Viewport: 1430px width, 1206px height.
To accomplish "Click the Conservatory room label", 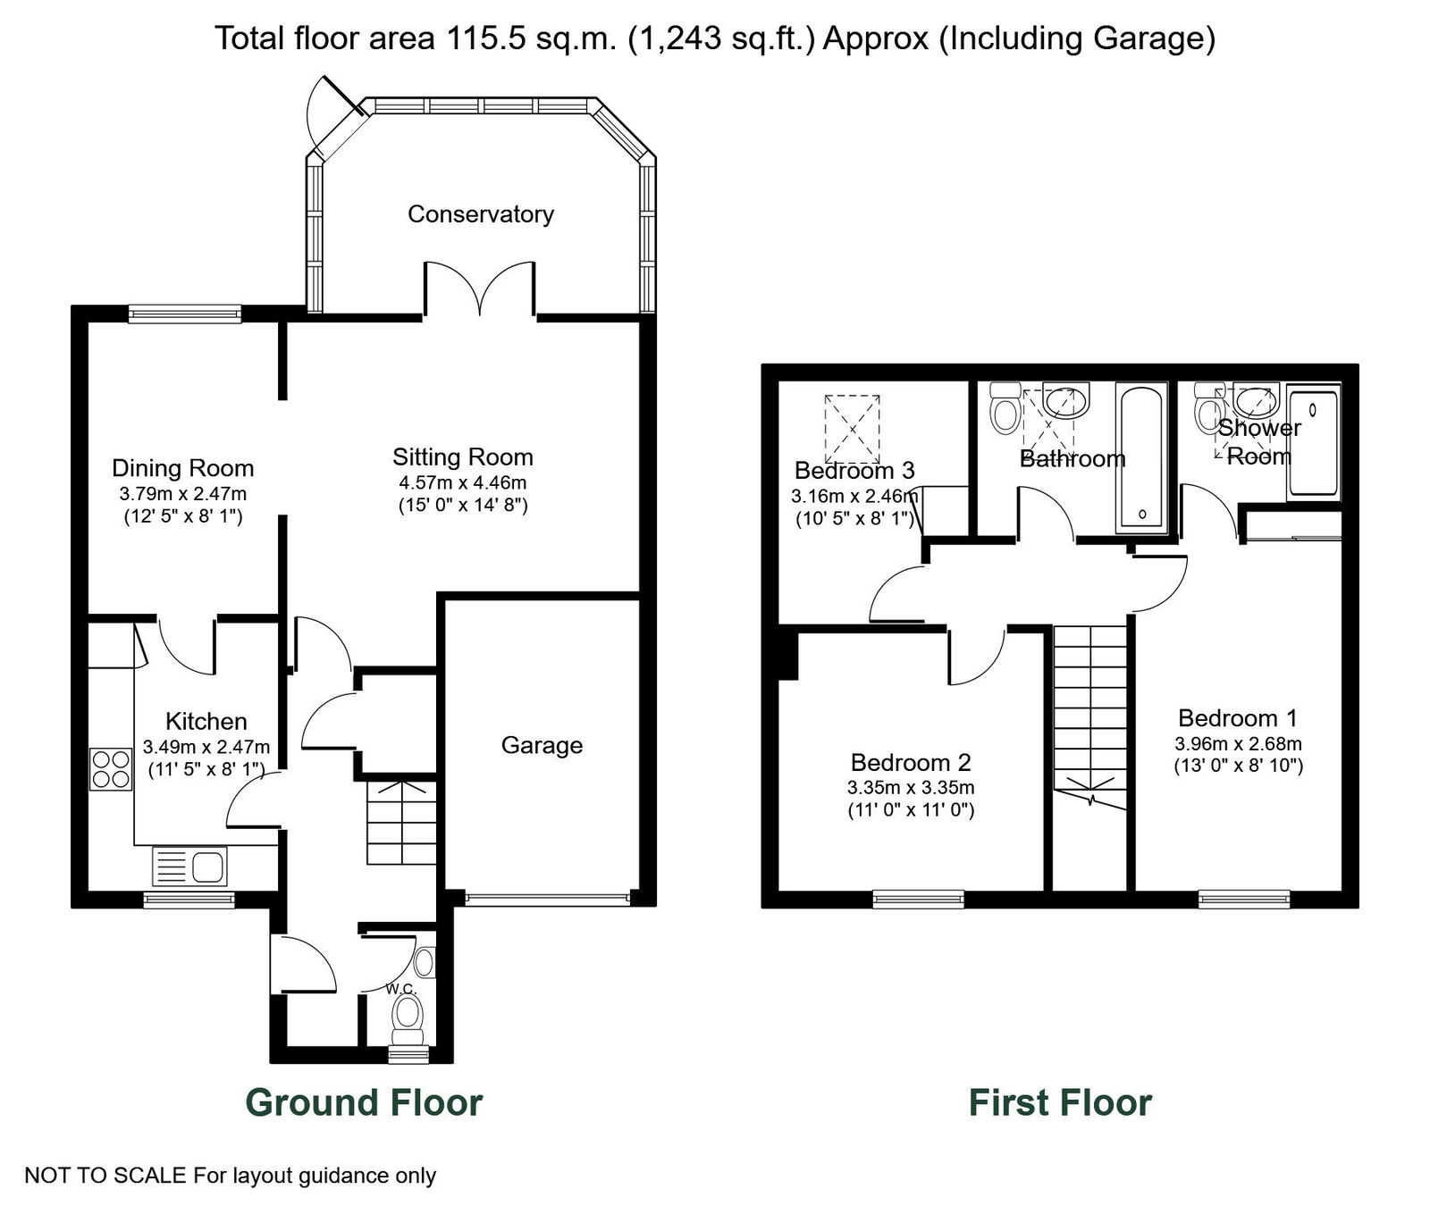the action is pyautogui.click(x=481, y=214).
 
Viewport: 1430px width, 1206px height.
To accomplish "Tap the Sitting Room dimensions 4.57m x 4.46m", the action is pyautogui.click(x=463, y=483).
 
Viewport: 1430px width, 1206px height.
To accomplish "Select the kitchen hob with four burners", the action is pyautogui.click(x=111, y=769).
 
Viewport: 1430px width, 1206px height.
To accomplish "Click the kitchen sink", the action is pyautogui.click(x=191, y=866).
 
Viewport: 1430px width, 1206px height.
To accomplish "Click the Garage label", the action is pyautogui.click(x=542, y=746).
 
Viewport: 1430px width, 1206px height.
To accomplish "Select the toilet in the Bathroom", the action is pyautogui.click(x=1005, y=408).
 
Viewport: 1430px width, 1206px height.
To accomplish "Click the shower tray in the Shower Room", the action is pyautogui.click(x=1313, y=442).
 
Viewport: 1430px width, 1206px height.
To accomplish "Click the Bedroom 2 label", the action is pyautogui.click(x=911, y=763).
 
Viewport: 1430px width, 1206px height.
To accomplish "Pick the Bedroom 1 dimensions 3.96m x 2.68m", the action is pyautogui.click(x=1238, y=743).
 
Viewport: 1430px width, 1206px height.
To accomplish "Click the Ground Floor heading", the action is pyautogui.click(x=364, y=1102).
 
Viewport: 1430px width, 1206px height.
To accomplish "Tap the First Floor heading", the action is pyautogui.click(x=1061, y=1102).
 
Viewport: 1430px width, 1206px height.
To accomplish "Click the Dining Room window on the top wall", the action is pyautogui.click(x=185, y=313).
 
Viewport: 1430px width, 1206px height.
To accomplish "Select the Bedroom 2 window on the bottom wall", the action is pyautogui.click(x=919, y=899).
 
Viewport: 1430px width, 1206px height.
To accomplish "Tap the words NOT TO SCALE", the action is pyautogui.click(x=105, y=1176).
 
